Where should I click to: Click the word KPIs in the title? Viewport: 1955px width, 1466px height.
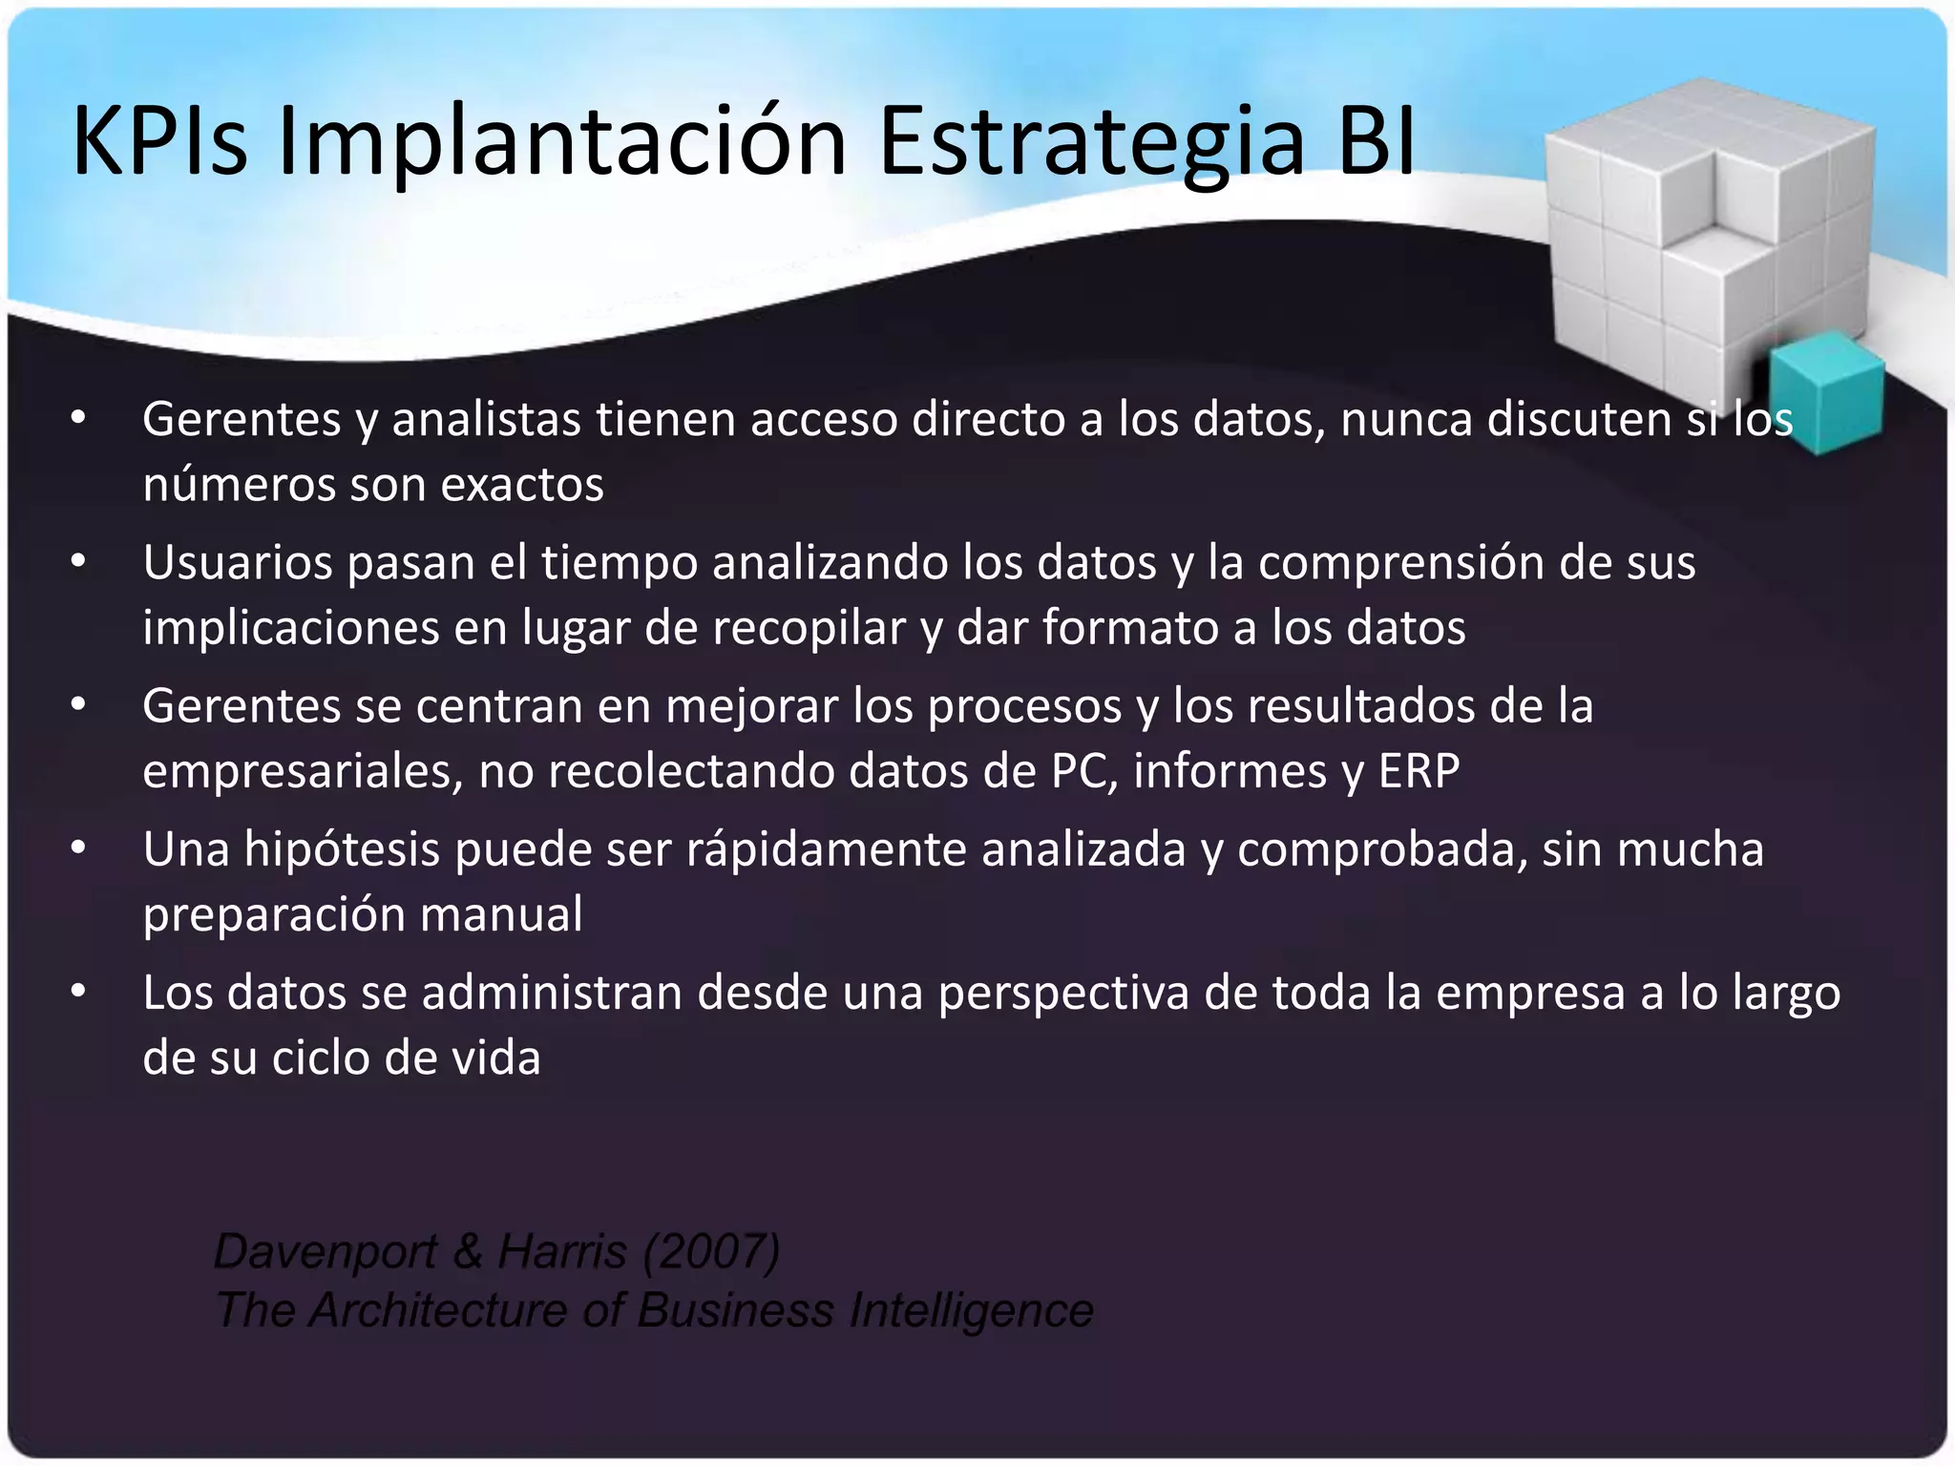coord(159,141)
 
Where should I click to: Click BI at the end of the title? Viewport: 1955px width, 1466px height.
coord(1376,141)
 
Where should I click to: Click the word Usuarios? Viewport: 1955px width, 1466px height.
coord(238,562)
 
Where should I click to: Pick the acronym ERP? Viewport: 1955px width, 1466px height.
coord(1419,770)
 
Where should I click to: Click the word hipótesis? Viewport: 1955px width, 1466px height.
coord(342,849)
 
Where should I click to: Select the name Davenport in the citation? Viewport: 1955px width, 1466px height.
coord(326,1251)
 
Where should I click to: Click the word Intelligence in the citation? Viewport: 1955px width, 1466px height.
coord(972,1309)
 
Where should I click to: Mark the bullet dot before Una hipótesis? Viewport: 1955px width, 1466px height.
coord(79,848)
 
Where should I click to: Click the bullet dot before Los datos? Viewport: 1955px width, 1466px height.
coord(79,992)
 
